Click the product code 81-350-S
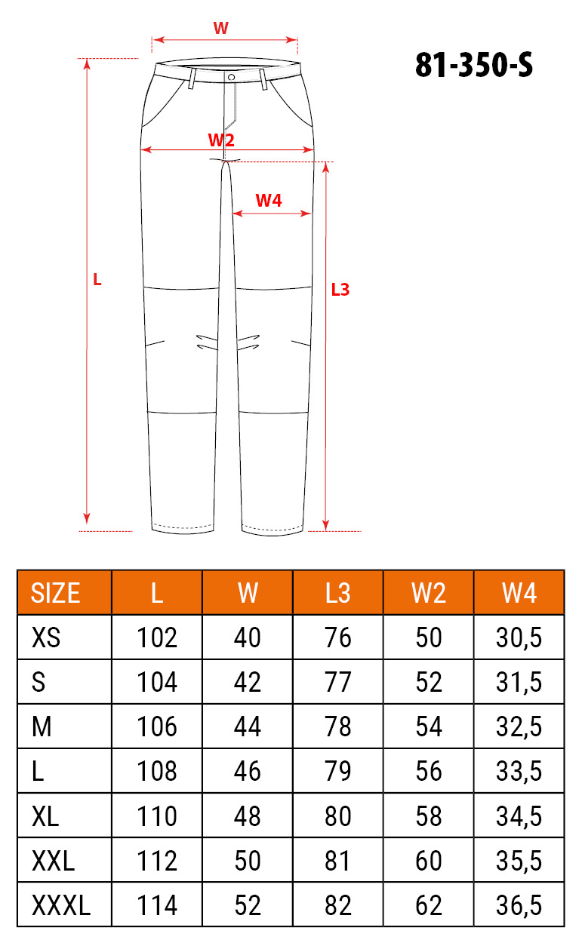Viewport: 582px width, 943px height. pyautogui.click(x=474, y=65)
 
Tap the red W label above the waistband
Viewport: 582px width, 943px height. pyautogui.click(x=221, y=28)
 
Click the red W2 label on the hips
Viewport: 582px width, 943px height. pyautogui.click(x=221, y=140)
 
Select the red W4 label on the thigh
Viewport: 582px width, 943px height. pyautogui.click(x=269, y=201)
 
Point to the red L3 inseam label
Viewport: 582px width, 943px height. pyautogui.click(x=340, y=290)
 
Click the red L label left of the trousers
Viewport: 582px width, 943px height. pyautogui.click(x=97, y=280)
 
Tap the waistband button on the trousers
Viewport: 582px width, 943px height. pyautogui.click(x=231, y=77)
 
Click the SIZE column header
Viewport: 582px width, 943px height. pyautogui.click(x=55, y=593)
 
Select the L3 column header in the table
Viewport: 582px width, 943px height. pyautogui.click(x=337, y=593)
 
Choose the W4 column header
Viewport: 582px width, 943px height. pyautogui.click(x=519, y=593)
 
